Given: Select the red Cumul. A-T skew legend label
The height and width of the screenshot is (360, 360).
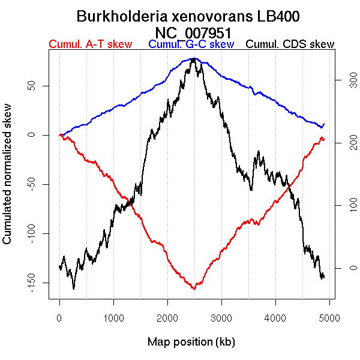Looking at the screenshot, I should pos(90,44).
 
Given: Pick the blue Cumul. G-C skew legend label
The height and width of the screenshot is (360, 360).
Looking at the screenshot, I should pos(191,44).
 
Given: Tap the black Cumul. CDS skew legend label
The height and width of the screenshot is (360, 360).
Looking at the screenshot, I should pos(290,44).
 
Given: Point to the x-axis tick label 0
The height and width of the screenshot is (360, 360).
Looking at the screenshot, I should pos(59,318).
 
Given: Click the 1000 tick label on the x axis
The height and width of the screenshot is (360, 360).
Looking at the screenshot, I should pos(113,318).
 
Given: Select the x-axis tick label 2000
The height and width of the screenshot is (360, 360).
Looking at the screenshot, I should pos(167,318).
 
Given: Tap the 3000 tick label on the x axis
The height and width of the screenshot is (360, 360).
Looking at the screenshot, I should pos(221,318).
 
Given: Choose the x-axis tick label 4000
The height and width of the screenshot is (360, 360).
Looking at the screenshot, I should pos(275,318).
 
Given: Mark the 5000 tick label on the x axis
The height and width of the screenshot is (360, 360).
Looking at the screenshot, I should pos(329,318).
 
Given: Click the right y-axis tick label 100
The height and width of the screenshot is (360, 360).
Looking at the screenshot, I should pos(345,205).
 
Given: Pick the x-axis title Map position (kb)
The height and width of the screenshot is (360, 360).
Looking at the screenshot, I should pos(191,342).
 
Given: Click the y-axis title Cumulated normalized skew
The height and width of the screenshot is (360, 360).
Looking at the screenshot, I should pos(8,180).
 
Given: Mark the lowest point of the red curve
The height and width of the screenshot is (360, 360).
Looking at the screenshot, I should pos(194,289).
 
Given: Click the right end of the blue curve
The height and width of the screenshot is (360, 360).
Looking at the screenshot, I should pos(324,124).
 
